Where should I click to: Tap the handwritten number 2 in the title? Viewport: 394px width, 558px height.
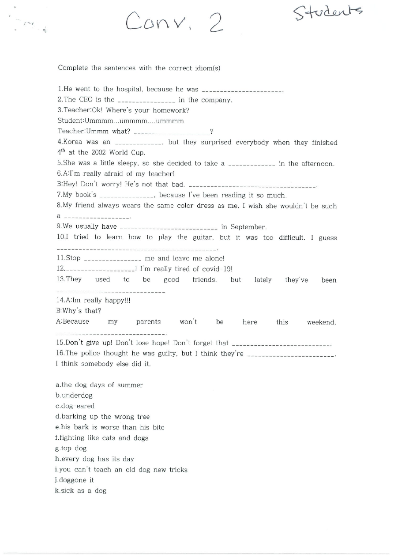[216, 23]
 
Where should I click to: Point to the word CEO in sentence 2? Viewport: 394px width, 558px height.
[86, 100]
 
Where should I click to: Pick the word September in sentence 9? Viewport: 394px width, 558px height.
[248, 227]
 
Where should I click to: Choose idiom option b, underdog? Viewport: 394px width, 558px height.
[74, 396]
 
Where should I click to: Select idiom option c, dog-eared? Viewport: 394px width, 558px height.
[75, 406]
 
